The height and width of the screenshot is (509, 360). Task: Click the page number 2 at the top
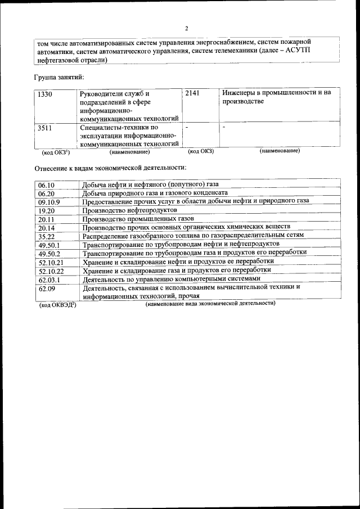tap(187, 29)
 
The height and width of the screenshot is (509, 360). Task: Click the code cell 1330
tap(45, 94)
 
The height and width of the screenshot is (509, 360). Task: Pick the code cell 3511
tap(45, 128)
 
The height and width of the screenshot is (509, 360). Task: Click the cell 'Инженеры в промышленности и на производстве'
tap(276, 97)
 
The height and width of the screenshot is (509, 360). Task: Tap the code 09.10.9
tap(49, 202)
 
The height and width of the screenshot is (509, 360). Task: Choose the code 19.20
tap(46, 210)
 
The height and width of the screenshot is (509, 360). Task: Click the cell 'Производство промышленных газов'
tap(138, 218)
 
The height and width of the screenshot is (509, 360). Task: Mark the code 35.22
tap(46, 236)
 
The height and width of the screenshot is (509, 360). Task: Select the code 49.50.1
tap(49, 245)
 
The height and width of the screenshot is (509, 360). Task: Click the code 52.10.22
tap(51, 271)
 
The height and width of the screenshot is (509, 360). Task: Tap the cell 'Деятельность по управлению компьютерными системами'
tap(172, 278)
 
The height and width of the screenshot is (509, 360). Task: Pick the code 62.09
tap(46, 288)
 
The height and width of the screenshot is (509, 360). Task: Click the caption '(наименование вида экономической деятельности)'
tap(210, 303)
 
